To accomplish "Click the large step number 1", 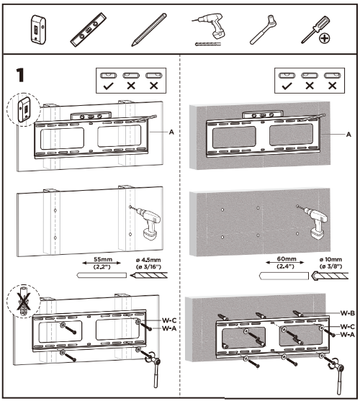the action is [x=20, y=75].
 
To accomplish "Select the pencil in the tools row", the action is [x=149, y=30].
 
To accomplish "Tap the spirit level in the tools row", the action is [x=89, y=30].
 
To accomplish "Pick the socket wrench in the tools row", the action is [x=264, y=30].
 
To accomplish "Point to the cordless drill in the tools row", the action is [x=210, y=29].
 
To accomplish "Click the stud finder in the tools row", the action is [x=38, y=30].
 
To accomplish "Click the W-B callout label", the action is [x=348, y=313].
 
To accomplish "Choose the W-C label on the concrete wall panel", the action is [x=348, y=327].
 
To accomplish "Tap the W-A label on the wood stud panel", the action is [x=169, y=328].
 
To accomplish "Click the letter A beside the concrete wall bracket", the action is [x=348, y=135].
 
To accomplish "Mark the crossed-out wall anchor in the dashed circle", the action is [x=23, y=301].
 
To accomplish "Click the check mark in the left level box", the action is [x=108, y=86].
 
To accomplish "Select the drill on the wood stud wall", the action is [x=146, y=223].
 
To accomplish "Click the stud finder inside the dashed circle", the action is [x=24, y=109].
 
